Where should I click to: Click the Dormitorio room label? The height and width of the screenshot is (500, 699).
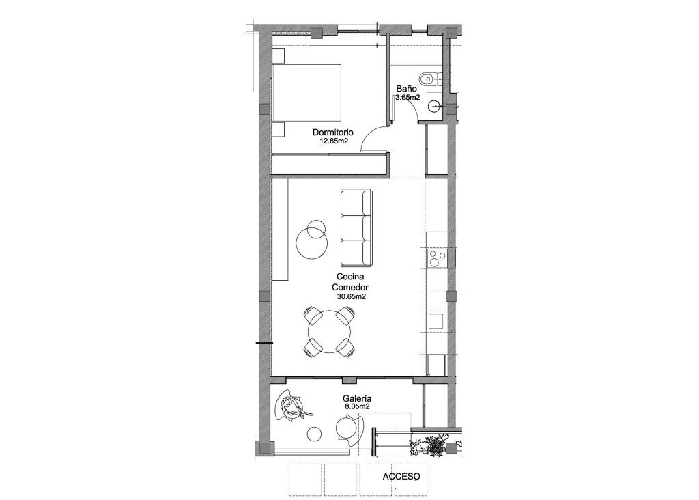[x=332, y=132]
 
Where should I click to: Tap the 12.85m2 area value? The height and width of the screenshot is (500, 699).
[x=334, y=142]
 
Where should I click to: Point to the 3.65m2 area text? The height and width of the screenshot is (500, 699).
[x=408, y=98]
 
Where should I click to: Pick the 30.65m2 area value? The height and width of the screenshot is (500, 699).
[x=352, y=297]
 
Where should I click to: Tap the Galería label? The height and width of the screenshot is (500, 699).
[x=357, y=398]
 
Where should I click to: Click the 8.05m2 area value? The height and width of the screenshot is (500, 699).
[x=357, y=407]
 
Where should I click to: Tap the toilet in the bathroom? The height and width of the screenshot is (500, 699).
[x=428, y=79]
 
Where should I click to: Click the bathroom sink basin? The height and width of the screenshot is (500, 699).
[x=434, y=106]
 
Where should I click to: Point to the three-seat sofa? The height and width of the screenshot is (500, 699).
[x=356, y=228]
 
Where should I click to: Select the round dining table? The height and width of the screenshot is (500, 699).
[x=330, y=333]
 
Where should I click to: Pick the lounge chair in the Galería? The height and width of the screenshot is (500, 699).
[x=291, y=407]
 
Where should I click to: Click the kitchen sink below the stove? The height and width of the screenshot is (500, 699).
[x=435, y=320]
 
